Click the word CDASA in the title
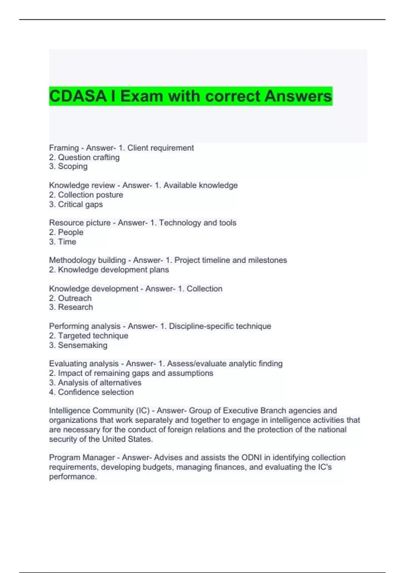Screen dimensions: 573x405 pyautogui.click(x=78, y=96)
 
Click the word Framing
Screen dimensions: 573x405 pyautogui.click(x=64, y=148)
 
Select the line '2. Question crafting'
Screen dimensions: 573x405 pyautogui.click(x=84, y=157)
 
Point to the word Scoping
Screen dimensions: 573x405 pyautogui.click(x=73, y=167)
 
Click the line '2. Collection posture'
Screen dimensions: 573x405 pyautogui.click(x=86, y=195)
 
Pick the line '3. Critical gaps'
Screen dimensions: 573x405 pyautogui.click(x=76, y=204)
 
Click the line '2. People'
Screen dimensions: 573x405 pyautogui.click(x=66, y=232)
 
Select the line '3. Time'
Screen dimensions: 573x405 pyautogui.click(x=63, y=242)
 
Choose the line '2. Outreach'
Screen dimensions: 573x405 pyautogui.click(x=70, y=298)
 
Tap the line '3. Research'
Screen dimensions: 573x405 pyautogui.click(x=71, y=307)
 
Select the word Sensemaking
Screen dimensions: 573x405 pyautogui.click(x=83, y=345)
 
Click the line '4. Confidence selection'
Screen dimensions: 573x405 pyautogui.click(x=91, y=392)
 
